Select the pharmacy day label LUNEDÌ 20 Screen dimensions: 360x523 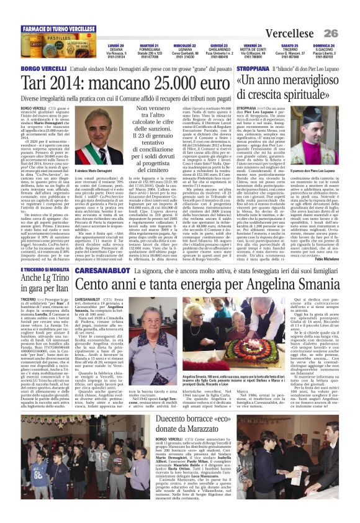pyautogui.click(x=115, y=45)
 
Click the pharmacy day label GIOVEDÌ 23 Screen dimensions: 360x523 pyautogui.click(x=218, y=45)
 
